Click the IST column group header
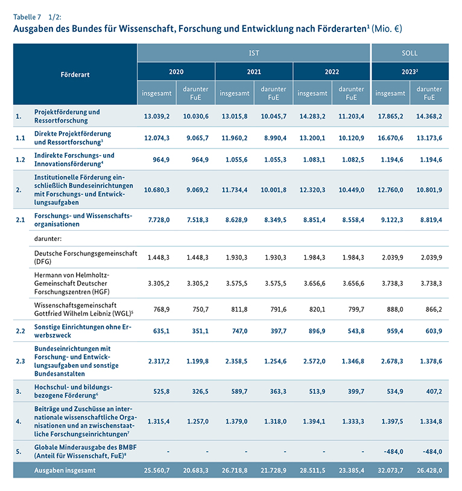click(x=254, y=53)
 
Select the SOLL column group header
click(x=410, y=53)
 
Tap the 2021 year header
click(x=254, y=71)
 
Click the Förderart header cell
click(x=75, y=74)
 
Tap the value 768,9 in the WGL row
click(x=159, y=309)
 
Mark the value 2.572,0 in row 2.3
click(x=314, y=361)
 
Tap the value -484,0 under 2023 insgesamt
click(x=392, y=451)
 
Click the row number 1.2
click(x=21, y=159)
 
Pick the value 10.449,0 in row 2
click(x=353, y=190)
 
